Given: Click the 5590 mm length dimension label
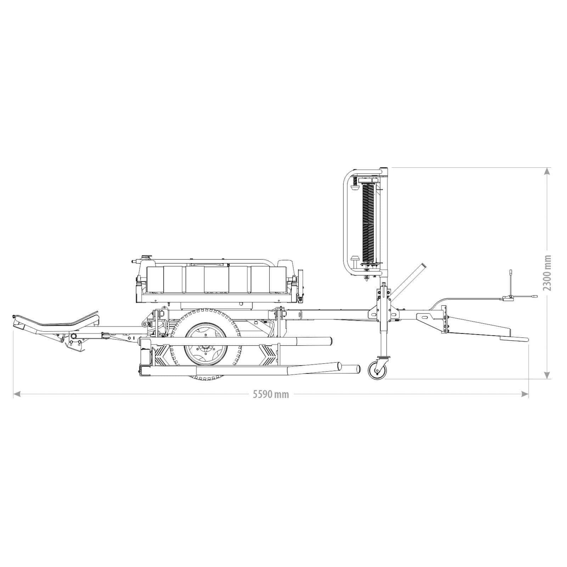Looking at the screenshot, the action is pos(271,394).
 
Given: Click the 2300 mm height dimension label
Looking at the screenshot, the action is pos(548,273).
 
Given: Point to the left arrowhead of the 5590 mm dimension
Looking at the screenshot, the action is pos(16,394).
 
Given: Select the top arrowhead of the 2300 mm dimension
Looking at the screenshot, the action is pos(547,171).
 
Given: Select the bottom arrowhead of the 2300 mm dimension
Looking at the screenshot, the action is pos(547,375).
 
